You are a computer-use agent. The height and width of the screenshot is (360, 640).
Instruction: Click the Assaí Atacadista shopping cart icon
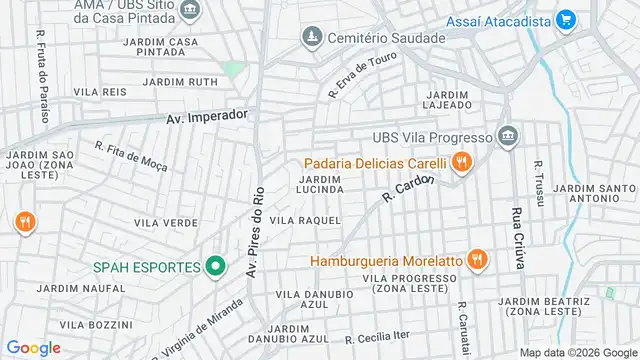pyautogui.click(x=566, y=18)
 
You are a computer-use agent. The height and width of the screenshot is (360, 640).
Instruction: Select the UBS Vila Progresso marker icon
pyautogui.click(x=507, y=137)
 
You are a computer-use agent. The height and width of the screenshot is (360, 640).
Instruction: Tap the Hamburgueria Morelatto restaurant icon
pyautogui.click(x=476, y=260)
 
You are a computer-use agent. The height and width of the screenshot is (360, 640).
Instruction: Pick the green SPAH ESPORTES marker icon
pyautogui.click(x=214, y=267)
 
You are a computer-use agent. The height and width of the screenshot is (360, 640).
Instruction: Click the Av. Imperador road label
pyautogui.click(x=205, y=116)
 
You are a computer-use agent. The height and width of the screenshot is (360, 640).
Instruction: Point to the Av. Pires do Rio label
pyautogui.click(x=257, y=232)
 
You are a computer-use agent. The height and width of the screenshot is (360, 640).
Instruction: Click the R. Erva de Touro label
pyautogui.click(x=363, y=74)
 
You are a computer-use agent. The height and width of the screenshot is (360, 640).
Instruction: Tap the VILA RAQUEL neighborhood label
pyautogui.click(x=306, y=220)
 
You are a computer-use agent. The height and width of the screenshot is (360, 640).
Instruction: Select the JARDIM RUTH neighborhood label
pyautogui.click(x=180, y=81)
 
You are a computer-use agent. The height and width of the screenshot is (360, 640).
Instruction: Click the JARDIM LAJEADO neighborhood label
pyautogui.click(x=447, y=99)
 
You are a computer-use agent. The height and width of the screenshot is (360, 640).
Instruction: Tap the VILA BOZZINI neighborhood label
pyautogui.click(x=97, y=324)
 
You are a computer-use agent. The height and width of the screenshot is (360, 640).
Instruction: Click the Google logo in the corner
pyautogui.click(x=33, y=347)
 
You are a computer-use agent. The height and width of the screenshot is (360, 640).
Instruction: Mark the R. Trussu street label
pyautogui.click(x=539, y=183)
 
